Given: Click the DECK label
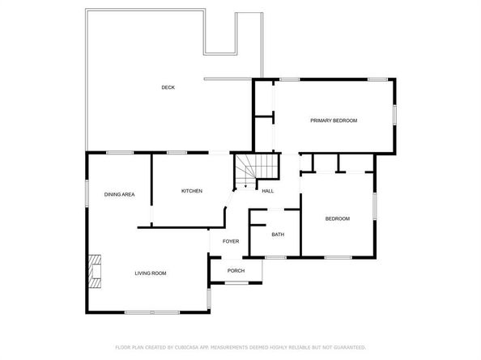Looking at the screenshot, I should (x=168, y=87).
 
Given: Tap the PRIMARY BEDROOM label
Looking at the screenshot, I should (x=334, y=121).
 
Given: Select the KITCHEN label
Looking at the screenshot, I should (x=192, y=191).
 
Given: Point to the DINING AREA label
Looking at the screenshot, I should (x=119, y=194).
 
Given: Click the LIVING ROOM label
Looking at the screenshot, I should (x=151, y=273).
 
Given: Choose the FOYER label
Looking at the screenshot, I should (x=232, y=241).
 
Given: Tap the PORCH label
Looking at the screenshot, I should (x=236, y=270).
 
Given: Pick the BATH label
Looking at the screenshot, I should (x=278, y=235).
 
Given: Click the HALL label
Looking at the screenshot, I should (x=267, y=191).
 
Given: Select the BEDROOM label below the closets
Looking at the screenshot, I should (x=338, y=218).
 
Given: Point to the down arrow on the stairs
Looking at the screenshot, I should (x=246, y=184).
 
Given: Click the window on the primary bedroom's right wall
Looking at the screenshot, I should (x=395, y=114).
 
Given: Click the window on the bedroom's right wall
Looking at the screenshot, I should (x=376, y=206).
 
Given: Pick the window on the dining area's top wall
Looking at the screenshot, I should (x=120, y=153).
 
